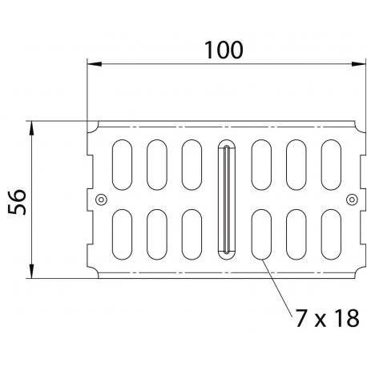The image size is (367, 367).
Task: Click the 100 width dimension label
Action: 224,50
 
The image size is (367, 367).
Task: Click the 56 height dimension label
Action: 17,202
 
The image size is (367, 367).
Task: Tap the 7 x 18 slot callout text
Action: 328,318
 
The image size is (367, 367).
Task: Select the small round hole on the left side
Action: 101,200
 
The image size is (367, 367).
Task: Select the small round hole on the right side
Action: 352,200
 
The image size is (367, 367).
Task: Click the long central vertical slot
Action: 227,200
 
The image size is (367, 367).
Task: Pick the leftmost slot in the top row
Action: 122,165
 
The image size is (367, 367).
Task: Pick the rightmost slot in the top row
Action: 331,165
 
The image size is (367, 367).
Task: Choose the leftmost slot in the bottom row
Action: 122,235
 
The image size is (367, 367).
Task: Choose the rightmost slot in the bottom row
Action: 331,235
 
